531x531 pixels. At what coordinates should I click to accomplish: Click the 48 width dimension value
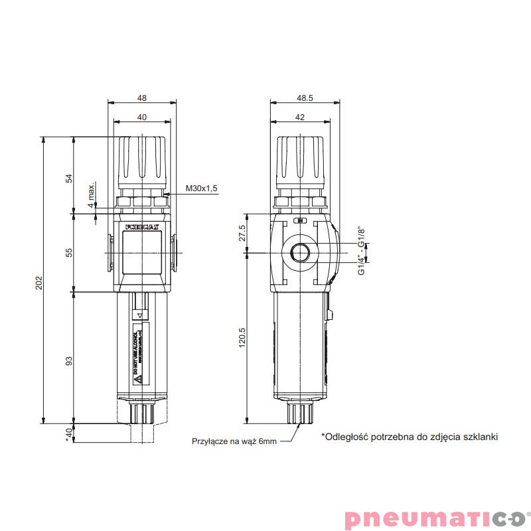[x=141, y=98]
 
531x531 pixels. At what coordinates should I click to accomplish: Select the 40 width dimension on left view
[x=141, y=117]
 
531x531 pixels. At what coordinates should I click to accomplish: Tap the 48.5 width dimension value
[x=305, y=98]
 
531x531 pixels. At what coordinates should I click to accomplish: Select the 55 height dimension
[x=68, y=252]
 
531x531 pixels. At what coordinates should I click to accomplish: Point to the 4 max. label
[x=92, y=196]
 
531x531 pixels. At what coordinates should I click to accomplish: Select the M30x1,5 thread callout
[x=202, y=189]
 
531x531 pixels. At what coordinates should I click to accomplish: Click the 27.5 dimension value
[x=242, y=234]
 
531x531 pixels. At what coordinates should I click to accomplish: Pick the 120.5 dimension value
[x=242, y=338]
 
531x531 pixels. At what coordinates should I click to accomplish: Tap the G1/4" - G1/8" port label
[x=362, y=251]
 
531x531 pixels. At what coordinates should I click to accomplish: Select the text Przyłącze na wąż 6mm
[x=233, y=441]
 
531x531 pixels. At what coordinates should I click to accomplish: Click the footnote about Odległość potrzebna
[x=409, y=437]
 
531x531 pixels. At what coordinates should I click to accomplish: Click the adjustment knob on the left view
[x=141, y=163]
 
